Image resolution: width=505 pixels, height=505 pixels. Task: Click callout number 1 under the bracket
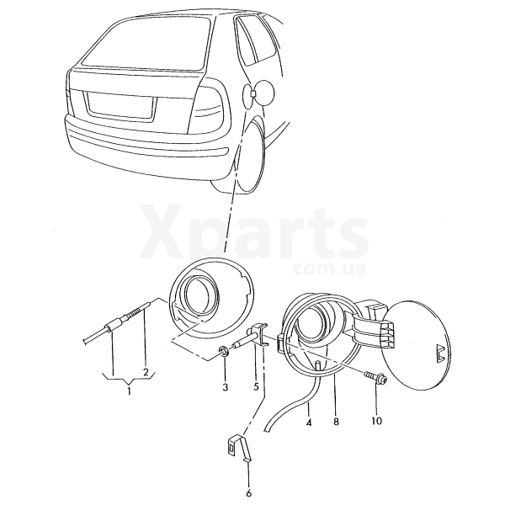(x=129, y=391)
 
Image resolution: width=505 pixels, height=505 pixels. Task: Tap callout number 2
(x=146, y=373)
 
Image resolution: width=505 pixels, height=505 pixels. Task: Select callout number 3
(x=225, y=387)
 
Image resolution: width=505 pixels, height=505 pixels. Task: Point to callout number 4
(x=309, y=422)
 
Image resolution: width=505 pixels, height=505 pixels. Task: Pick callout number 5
(x=256, y=386)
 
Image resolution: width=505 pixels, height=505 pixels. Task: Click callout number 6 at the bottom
(x=248, y=492)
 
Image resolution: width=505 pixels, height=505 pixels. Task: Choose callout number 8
(x=336, y=422)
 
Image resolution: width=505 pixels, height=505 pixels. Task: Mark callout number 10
(x=377, y=421)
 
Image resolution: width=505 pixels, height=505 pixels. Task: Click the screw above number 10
(x=375, y=377)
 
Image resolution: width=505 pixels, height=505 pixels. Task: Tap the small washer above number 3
(x=223, y=351)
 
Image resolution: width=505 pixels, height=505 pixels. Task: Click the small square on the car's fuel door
(x=252, y=93)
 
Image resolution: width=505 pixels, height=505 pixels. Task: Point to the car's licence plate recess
(x=120, y=104)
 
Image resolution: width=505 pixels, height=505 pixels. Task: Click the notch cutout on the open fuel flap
(x=441, y=353)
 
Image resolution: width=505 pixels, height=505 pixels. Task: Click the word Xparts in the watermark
(x=253, y=232)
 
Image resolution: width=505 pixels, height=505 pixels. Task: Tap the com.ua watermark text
(x=329, y=269)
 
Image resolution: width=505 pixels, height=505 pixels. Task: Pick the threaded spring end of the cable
(x=138, y=310)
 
